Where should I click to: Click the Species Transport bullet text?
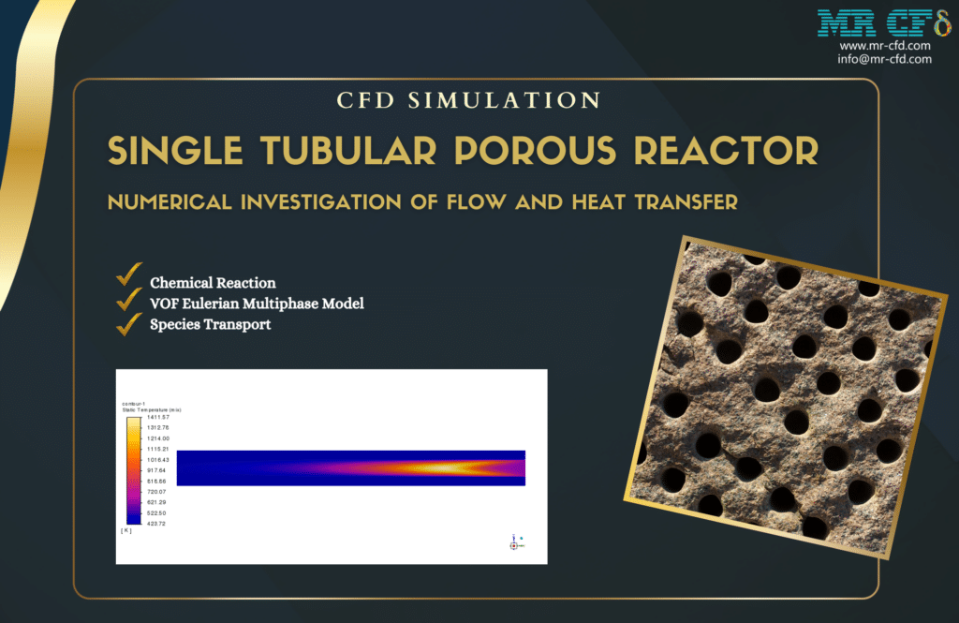210,325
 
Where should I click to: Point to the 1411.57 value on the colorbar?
155,417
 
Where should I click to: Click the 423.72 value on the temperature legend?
155,523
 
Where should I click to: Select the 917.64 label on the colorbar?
155,470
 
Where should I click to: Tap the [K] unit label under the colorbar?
126,531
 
